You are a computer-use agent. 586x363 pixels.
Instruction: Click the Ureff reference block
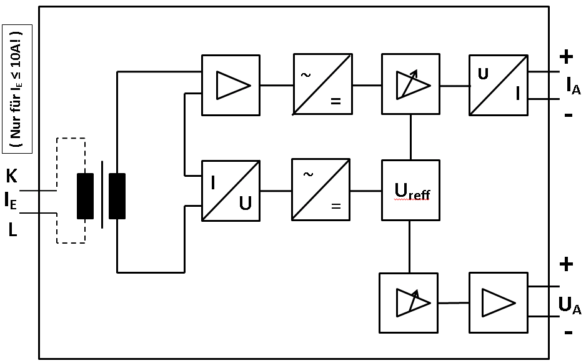click(x=410, y=190)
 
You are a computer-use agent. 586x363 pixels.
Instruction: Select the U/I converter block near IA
click(x=499, y=85)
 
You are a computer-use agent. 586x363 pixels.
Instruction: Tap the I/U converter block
click(x=231, y=191)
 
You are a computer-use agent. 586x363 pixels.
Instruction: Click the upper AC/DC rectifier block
click(x=322, y=84)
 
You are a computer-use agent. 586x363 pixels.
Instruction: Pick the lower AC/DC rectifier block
click(x=320, y=189)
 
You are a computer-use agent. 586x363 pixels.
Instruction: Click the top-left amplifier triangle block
click(x=231, y=85)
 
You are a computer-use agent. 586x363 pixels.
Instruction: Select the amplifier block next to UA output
click(x=498, y=303)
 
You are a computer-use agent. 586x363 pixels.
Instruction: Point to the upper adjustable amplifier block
click(x=410, y=84)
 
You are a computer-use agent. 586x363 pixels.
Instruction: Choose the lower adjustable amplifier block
click(x=409, y=303)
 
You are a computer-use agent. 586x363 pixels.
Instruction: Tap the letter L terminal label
click(x=12, y=231)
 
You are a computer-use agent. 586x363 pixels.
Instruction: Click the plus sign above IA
click(x=566, y=57)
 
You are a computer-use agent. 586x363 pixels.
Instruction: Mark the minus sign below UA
click(x=568, y=332)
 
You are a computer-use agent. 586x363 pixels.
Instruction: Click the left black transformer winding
click(x=85, y=196)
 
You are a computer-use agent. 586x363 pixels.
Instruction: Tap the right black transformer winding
click(x=117, y=196)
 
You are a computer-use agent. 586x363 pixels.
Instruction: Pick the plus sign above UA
click(x=566, y=265)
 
